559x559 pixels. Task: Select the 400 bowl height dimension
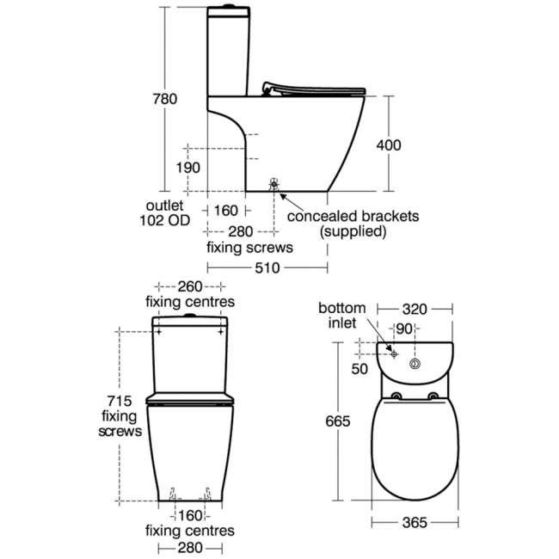389,145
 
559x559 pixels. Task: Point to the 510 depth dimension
268,267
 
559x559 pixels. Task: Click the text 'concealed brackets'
353,216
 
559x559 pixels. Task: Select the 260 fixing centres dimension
191,286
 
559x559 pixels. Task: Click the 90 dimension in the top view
405,328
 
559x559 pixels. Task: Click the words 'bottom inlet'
342,316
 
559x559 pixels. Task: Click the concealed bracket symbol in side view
274,185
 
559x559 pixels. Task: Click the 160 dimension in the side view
225,210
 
